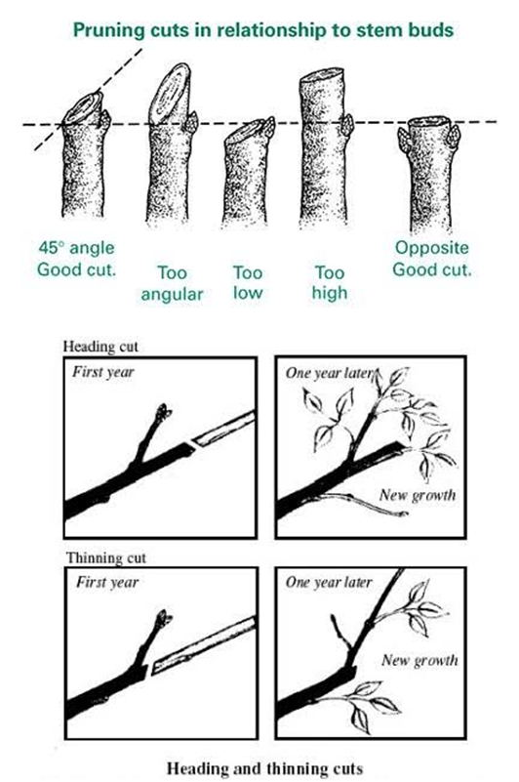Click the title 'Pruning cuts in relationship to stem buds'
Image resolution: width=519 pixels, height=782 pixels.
[x=263, y=30]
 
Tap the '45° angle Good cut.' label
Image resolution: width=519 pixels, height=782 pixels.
[x=76, y=259]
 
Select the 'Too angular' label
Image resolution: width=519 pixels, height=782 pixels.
[x=172, y=283]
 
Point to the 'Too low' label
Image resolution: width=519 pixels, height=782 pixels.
[x=248, y=282]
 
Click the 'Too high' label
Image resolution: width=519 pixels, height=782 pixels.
[x=330, y=282]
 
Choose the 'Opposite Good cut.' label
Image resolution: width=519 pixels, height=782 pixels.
[x=432, y=259]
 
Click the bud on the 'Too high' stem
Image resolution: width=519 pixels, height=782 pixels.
[x=348, y=125]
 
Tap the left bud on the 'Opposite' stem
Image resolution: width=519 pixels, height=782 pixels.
[x=404, y=141]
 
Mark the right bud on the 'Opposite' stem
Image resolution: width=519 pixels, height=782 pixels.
[x=454, y=136]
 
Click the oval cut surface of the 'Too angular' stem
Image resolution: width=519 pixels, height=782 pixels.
[x=170, y=95]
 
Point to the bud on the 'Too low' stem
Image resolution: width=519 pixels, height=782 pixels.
[x=268, y=127]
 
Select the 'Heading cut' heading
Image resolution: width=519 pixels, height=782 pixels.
[x=100, y=347]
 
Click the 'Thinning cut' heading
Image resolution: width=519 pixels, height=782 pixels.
[x=106, y=557]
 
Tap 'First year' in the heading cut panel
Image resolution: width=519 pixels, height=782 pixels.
[x=103, y=372]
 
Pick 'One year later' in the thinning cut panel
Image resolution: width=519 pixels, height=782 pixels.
[x=329, y=583]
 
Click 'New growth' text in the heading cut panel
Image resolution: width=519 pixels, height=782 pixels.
[x=418, y=495]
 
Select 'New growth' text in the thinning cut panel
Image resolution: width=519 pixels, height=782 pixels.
[x=419, y=660]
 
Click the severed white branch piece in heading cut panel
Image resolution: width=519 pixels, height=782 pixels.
[x=223, y=429]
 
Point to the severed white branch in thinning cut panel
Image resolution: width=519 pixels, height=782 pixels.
[x=204, y=646]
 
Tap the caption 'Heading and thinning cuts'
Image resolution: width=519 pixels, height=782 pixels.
[x=264, y=768]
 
